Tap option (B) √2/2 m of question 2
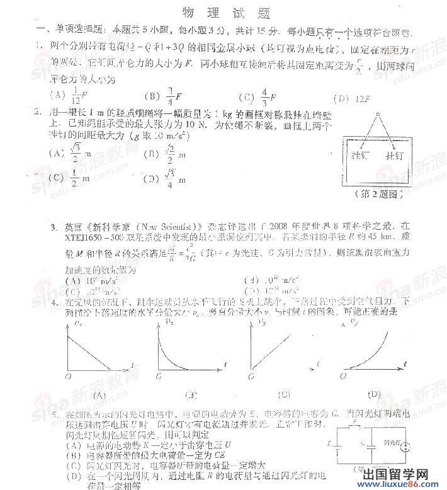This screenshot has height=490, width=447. pyautogui.click(x=161, y=153)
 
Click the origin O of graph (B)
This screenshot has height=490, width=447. pyautogui.click(x=156, y=376)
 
